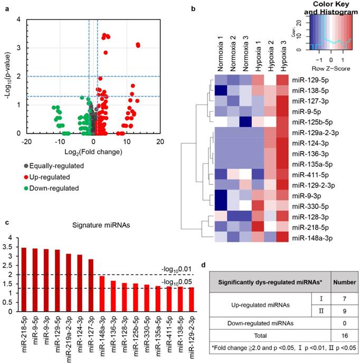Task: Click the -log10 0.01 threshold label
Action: click(x=175, y=270)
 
